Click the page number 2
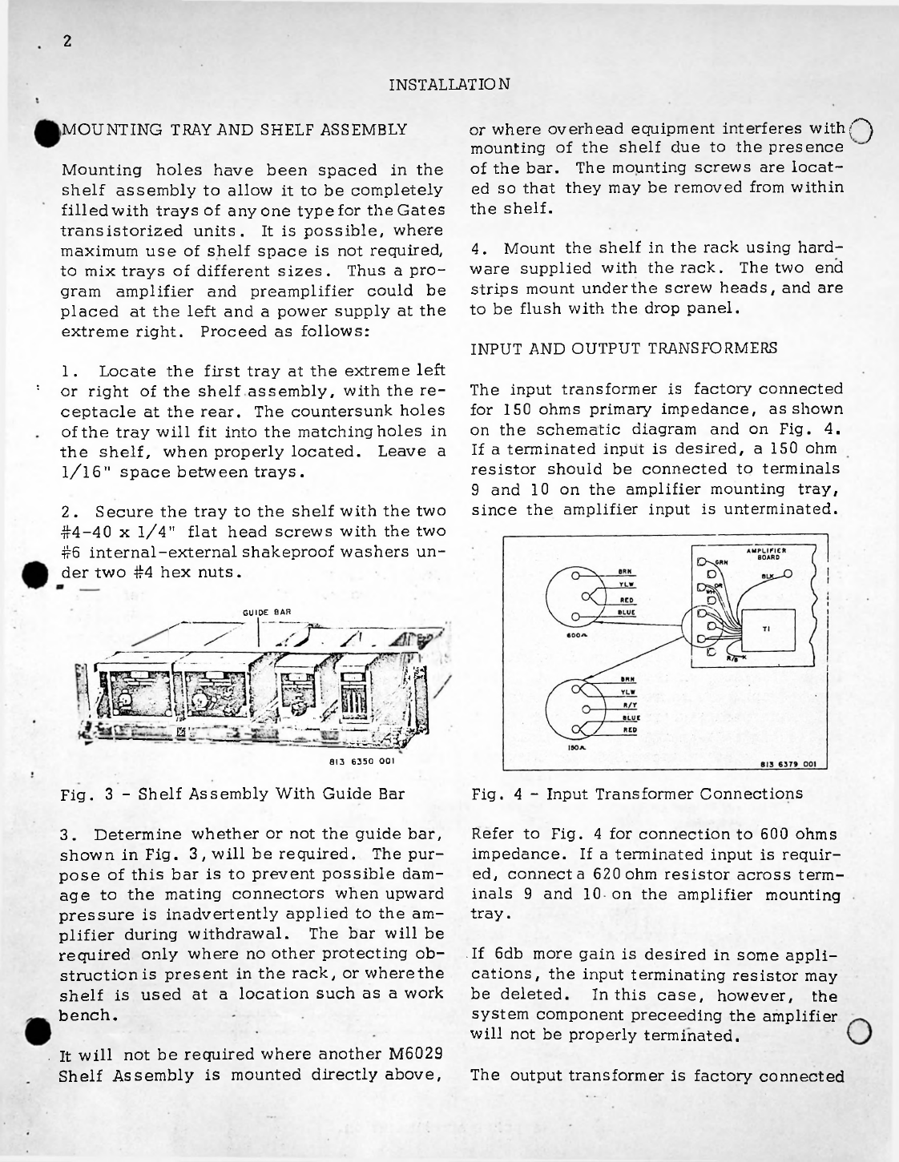tap(68, 42)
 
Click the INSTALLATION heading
tap(449, 83)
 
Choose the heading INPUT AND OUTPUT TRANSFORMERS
tap(623, 350)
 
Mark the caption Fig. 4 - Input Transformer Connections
tap(637, 794)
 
